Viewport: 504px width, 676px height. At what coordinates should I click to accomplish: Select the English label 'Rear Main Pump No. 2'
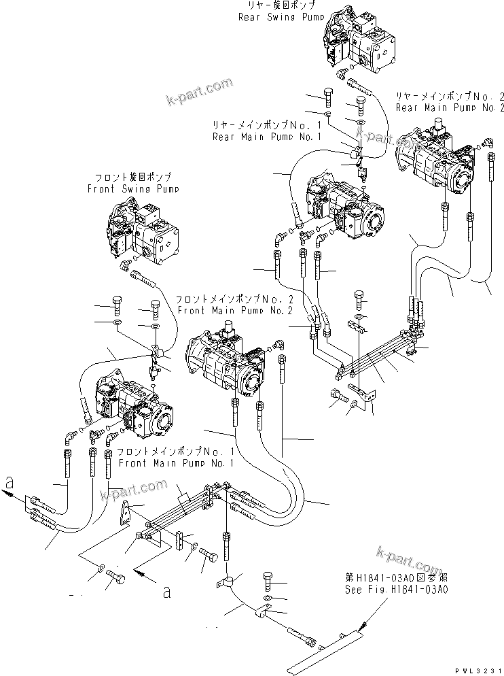tap(450, 107)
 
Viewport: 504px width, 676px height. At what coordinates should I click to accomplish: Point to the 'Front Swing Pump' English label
tap(132, 189)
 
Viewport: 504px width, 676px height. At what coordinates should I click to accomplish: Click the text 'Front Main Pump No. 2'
tap(234, 310)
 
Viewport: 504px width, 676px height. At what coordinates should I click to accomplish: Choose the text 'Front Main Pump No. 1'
tap(175, 462)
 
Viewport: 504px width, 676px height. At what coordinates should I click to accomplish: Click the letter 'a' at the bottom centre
tap(165, 591)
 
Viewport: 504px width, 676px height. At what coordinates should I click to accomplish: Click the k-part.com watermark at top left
tap(198, 93)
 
